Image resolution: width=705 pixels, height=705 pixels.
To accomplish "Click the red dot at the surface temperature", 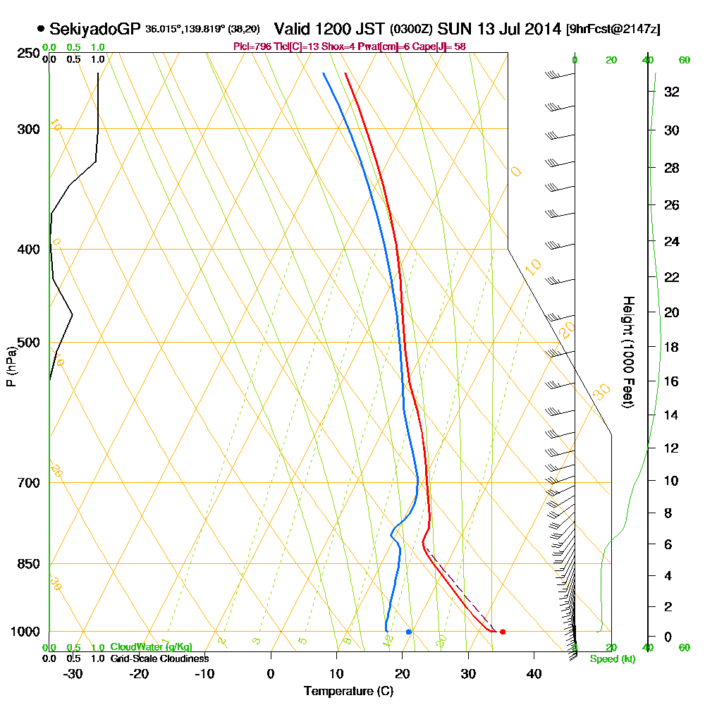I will coord(503,632).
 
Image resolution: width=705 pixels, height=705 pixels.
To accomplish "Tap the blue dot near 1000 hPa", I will coord(409,632).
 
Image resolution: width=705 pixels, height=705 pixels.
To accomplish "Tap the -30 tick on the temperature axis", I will coord(73,673).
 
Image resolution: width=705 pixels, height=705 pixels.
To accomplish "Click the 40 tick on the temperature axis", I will coord(534,673).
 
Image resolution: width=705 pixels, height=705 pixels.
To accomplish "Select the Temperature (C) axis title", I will coord(348,691).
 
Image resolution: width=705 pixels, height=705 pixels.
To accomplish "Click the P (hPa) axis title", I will coord(11,366).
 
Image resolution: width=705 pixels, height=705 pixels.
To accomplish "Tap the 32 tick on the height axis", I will coord(672,92).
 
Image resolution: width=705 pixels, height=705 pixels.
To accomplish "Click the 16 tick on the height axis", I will coord(672,381).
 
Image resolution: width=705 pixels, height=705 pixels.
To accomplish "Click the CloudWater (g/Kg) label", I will coord(151,647).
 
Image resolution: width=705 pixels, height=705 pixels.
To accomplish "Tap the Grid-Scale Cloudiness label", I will coord(159,658).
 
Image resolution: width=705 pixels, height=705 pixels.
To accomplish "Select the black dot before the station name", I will coord(41,29).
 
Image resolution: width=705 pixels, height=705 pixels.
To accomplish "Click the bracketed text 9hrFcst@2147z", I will coord(613,30).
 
